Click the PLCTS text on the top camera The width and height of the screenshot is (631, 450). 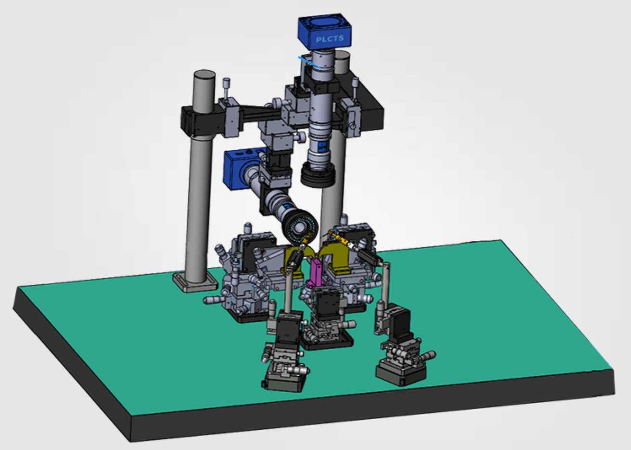[330, 39]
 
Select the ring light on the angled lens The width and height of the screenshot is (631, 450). [302, 228]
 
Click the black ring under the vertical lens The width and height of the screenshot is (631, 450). [318, 175]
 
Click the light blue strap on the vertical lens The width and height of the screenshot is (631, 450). [310, 63]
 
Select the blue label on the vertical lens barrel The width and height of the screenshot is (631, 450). [322, 146]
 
